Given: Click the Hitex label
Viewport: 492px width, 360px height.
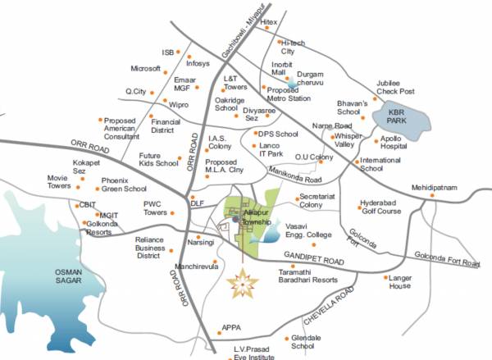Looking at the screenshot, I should (268, 22).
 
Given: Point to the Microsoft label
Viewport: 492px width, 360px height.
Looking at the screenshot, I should (145, 68).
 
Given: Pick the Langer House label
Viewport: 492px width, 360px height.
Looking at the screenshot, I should (399, 282).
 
